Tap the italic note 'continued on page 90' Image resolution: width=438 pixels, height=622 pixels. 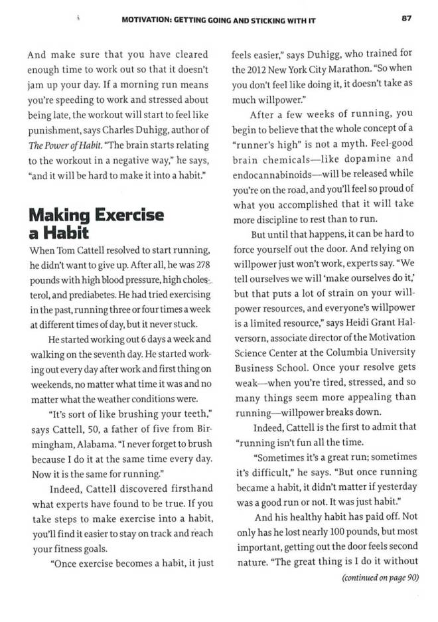[380, 578]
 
